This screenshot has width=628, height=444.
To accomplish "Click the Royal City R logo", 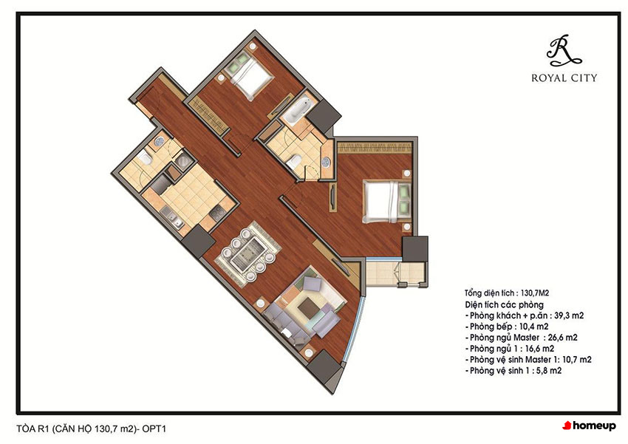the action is pyautogui.click(x=563, y=50).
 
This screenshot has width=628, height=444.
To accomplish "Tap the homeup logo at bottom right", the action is pyautogui.click(x=589, y=426).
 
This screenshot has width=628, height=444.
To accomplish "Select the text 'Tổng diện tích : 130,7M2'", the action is pyautogui.click(x=507, y=293).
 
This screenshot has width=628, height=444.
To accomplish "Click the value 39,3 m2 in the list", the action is pyautogui.click(x=569, y=315).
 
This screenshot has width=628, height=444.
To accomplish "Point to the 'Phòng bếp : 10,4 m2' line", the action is pyautogui.click(x=507, y=327).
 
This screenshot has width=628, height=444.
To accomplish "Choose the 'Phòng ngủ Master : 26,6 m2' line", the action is pyautogui.click(x=522, y=338).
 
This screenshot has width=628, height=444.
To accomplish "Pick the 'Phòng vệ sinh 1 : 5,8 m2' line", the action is pyautogui.click(x=513, y=371).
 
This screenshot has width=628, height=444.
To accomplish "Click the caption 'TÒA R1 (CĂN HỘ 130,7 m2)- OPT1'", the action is pyautogui.click(x=92, y=428).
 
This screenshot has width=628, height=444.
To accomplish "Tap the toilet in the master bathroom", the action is pyautogui.click(x=294, y=161).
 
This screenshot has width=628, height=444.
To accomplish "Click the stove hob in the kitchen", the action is pyautogui.click(x=217, y=214).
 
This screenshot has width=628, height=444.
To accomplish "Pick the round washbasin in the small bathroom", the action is pyautogui.click(x=160, y=140).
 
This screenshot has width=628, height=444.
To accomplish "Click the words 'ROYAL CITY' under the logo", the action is pyautogui.click(x=564, y=78).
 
